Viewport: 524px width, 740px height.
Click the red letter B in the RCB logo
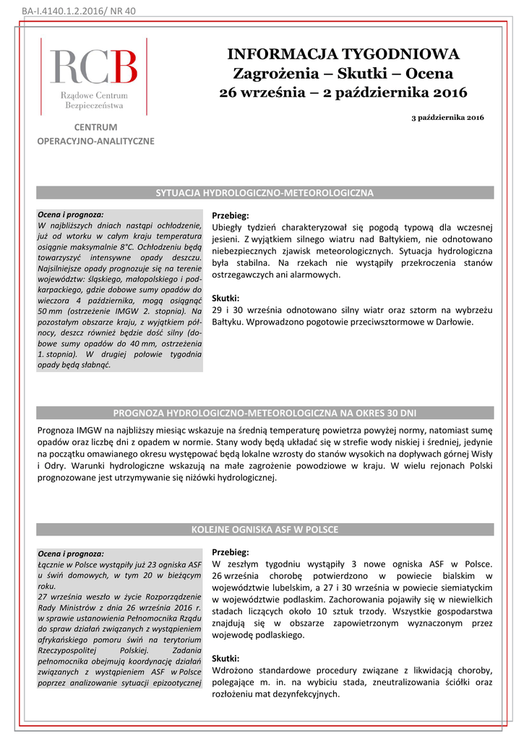[124, 67]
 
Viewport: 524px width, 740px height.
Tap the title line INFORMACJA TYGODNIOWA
[343, 54]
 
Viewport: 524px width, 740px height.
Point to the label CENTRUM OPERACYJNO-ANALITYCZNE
[95, 134]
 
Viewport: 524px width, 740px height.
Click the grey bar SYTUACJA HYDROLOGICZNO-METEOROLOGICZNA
[265, 193]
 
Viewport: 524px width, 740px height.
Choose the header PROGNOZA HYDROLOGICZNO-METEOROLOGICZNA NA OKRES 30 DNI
[265, 413]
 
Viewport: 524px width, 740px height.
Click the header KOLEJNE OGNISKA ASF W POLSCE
[265, 530]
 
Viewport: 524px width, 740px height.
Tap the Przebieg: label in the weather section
[230, 216]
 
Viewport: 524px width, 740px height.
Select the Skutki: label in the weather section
[226, 298]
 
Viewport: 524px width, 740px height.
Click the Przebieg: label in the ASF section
[230, 551]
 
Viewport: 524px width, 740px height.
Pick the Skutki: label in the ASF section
[226, 658]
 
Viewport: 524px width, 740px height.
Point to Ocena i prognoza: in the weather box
[70, 215]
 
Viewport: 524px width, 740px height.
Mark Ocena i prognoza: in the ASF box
[70, 553]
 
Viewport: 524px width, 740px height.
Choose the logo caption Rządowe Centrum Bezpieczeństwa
[94, 100]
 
